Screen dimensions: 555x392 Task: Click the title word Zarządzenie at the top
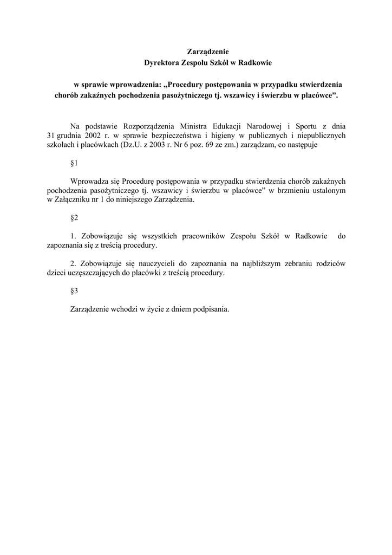click(x=208, y=52)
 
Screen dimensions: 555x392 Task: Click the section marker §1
click(x=75, y=164)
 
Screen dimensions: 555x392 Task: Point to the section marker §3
click(x=75, y=291)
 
